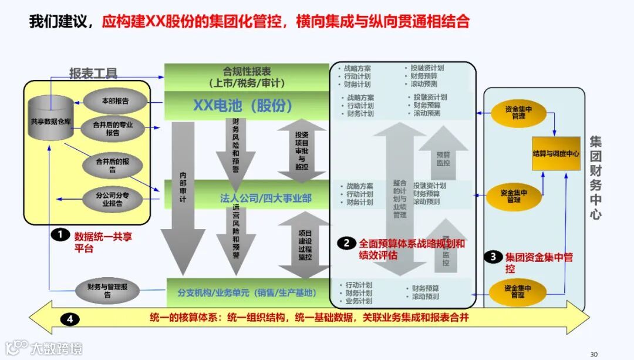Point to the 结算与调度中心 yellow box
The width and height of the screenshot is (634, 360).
[556, 153]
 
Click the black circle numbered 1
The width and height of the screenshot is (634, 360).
[59, 235]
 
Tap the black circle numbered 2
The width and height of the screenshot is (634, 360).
[346, 243]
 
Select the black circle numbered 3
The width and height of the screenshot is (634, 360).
[493, 257]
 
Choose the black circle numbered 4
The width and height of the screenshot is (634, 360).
[70, 319]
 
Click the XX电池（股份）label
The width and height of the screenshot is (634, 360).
[242, 105]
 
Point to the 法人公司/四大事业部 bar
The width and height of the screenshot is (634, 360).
[258, 198]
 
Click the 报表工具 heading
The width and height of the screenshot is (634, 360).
[93, 73]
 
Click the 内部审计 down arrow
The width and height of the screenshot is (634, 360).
[183, 194]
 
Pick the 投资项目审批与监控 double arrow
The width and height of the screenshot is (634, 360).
[301, 151]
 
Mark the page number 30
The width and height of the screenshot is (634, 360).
[593, 354]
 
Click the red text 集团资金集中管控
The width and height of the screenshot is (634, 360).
[539, 263]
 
